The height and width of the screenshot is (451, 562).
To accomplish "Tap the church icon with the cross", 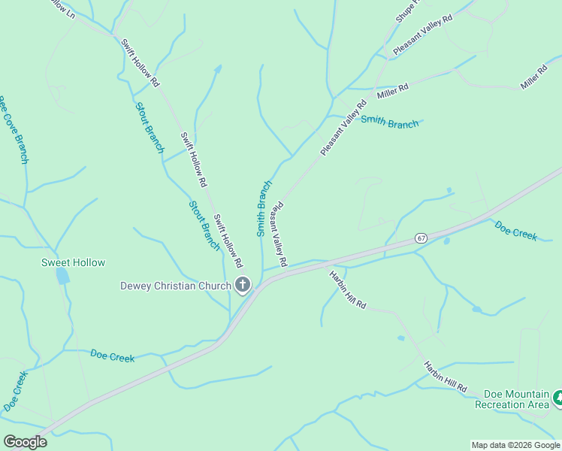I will [x=243, y=285].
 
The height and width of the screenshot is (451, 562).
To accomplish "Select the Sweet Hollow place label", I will [x=73, y=262].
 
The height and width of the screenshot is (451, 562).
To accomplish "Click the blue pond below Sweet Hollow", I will [x=62, y=276].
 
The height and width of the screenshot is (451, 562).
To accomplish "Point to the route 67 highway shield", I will [x=421, y=238].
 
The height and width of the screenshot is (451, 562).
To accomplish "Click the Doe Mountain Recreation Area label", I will [x=516, y=399].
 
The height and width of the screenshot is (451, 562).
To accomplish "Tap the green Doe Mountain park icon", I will [x=558, y=398].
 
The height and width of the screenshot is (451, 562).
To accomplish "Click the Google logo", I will [x=25, y=442].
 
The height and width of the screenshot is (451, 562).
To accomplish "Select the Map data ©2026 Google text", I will [x=515, y=445].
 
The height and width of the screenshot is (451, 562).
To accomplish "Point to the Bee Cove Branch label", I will [x=14, y=130].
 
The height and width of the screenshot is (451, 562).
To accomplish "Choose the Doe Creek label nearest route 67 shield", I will [x=515, y=230].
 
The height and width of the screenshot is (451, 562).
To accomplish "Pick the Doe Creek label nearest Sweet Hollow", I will [x=112, y=356].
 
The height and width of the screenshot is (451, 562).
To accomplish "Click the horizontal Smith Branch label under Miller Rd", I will [x=389, y=122].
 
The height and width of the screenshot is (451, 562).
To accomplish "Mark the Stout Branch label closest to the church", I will [x=204, y=225].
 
